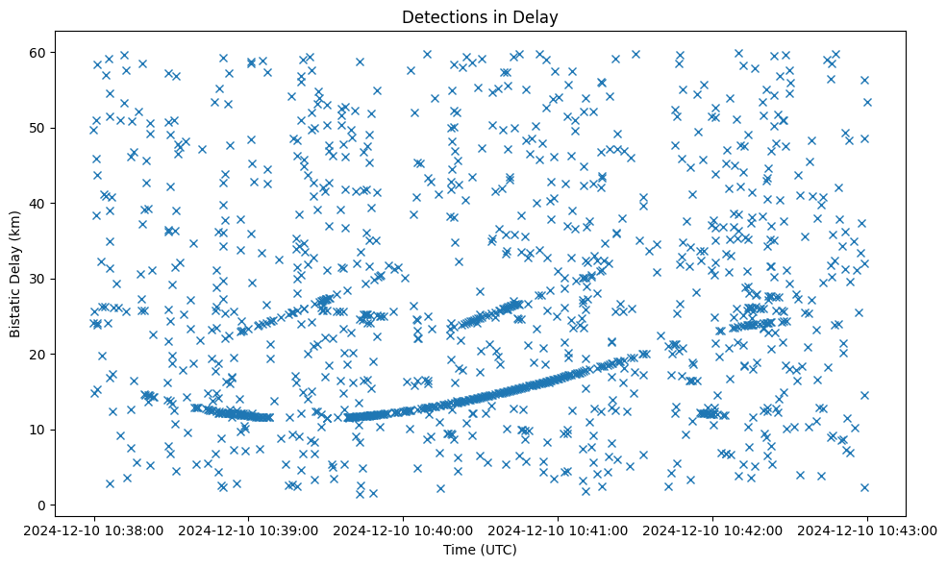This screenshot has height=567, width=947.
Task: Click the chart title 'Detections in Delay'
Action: coord(480,16)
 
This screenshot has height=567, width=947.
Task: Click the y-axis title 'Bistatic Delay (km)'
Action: coord(16,271)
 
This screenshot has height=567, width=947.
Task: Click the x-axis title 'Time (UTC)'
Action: coord(480,550)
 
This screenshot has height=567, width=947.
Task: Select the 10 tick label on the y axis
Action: coord(40,430)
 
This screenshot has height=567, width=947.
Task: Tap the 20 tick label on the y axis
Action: coord(40,355)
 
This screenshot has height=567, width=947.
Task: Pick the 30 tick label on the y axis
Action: coord(40,279)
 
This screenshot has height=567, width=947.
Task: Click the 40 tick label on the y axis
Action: coord(40,204)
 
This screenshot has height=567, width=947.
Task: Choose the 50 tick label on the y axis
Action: coord(40,128)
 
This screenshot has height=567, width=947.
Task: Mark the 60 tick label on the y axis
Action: coord(40,53)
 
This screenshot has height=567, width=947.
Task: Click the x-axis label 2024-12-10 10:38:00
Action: coord(94,530)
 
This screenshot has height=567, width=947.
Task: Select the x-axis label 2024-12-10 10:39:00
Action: coord(249,530)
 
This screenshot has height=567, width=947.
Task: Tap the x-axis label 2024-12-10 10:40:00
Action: coord(404,530)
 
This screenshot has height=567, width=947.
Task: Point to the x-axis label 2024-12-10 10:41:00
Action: coord(559,530)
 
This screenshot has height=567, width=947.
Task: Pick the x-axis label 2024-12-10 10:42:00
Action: coord(712,530)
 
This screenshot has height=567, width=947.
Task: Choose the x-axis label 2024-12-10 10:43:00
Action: coord(867,530)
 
